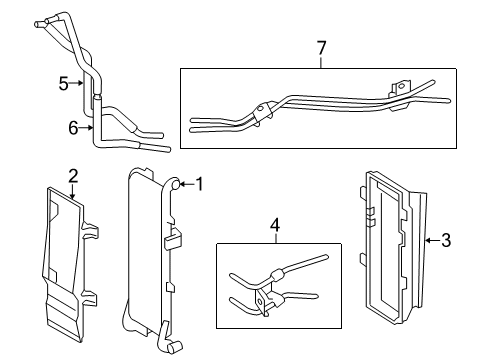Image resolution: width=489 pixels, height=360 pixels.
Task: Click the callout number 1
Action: coord(199,183)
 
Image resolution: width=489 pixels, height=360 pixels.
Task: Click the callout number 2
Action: coord(73,176)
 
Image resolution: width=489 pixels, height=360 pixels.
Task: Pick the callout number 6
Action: coord(70,126)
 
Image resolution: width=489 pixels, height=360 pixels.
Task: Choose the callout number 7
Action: coord(321,47)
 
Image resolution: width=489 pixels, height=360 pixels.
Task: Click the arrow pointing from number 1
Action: coord(186,183)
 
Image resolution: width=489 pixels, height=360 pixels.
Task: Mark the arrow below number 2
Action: coord(73,190)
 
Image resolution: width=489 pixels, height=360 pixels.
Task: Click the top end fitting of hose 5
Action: coord(41,21)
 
